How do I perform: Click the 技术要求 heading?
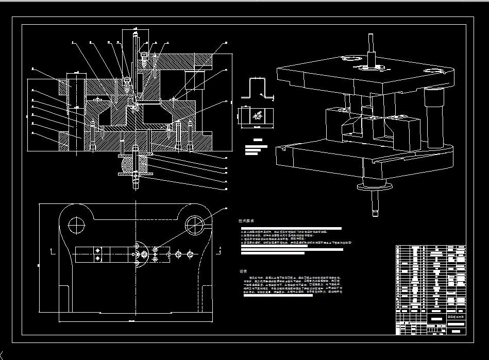(246, 220)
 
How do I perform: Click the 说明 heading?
(243, 271)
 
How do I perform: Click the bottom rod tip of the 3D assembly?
(375, 206)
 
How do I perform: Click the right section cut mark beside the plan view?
(221, 250)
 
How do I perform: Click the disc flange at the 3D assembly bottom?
(376, 188)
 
